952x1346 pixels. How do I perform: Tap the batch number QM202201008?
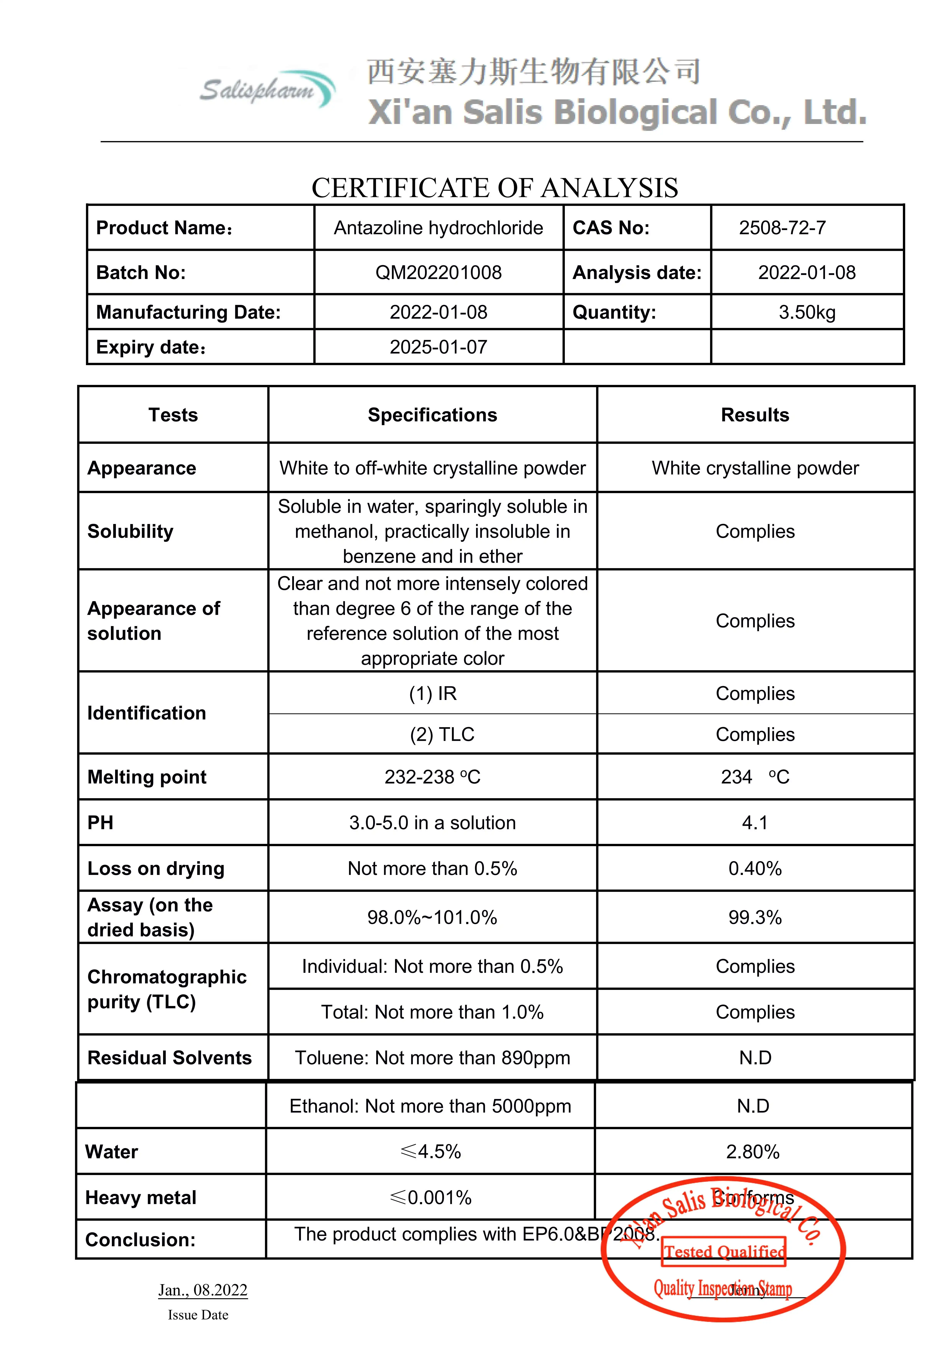438,273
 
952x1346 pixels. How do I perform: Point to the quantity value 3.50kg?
807,312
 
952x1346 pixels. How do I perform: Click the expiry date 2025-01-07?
438,347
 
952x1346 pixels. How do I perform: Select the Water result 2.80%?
753,1151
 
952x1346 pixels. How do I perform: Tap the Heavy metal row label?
141,1197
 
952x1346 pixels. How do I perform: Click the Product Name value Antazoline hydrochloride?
438,227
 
